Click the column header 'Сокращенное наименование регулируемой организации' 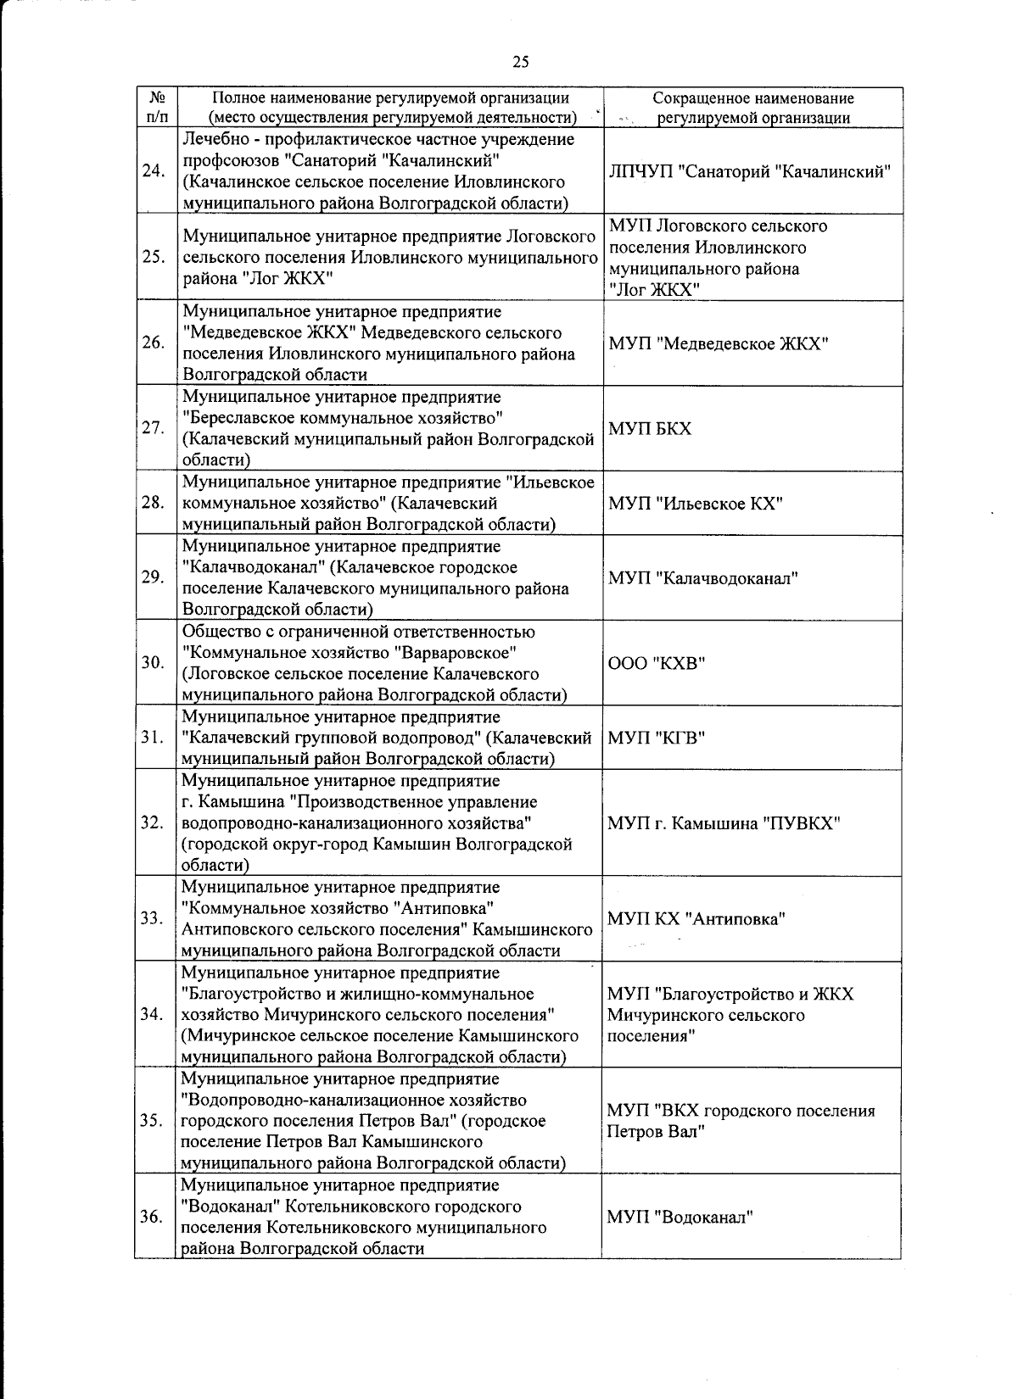[x=753, y=109]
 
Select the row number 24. [x=154, y=171]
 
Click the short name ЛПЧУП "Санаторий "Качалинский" [x=750, y=171]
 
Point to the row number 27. [x=154, y=428]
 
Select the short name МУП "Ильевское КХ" [x=695, y=504]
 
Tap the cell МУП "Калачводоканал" [x=703, y=578]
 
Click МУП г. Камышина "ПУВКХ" [x=724, y=823]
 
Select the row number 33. [x=154, y=918]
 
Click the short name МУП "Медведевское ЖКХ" [x=719, y=343]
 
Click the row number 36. [x=154, y=1217]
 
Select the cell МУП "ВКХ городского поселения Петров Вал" [x=740, y=1121]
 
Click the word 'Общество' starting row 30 [x=216, y=632]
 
